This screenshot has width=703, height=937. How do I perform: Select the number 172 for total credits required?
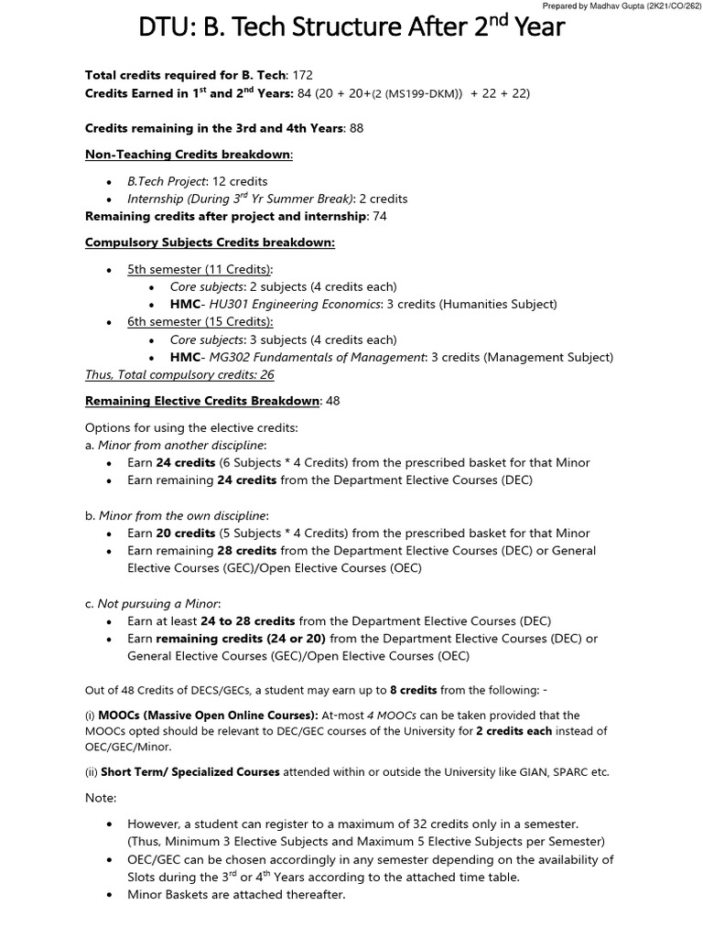pyautogui.click(x=306, y=75)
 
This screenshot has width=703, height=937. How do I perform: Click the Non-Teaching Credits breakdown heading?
pyautogui.click(x=189, y=156)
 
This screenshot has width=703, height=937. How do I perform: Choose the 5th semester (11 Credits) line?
pyautogui.click(x=200, y=270)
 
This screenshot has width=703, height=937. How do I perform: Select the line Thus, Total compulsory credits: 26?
pyautogui.click(x=179, y=374)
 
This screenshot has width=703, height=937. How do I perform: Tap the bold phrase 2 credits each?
pyautogui.click(x=510, y=731)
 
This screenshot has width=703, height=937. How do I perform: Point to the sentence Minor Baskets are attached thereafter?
pyautogui.click(x=236, y=894)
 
